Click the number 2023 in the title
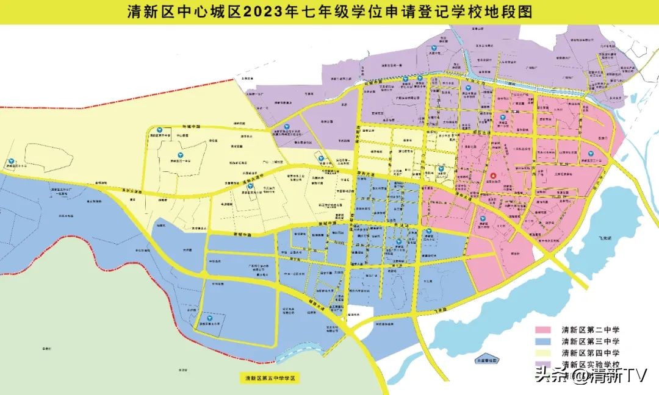[x=264, y=12]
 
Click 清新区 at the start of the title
[x=148, y=12]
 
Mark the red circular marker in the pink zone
[x=494, y=174]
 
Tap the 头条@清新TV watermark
[x=589, y=375]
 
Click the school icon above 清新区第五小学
[x=209, y=318]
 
